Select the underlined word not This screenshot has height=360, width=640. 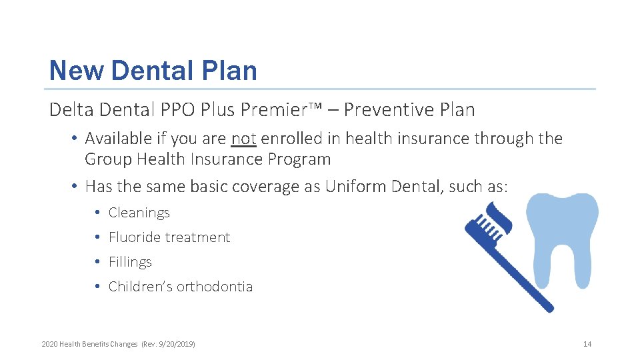coord(243,139)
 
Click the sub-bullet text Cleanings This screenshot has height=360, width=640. coord(139,213)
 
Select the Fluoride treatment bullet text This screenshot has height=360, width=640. coord(169,237)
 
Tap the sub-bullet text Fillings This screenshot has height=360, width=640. coord(130,262)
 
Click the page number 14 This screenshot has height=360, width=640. coord(587,344)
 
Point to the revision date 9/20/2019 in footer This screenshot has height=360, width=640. coord(177,344)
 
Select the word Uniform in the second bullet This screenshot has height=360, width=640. coord(351,187)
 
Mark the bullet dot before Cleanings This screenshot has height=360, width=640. coord(97,213)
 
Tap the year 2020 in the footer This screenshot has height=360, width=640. coord(49,344)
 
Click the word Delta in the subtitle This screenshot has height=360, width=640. coord(69,109)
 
